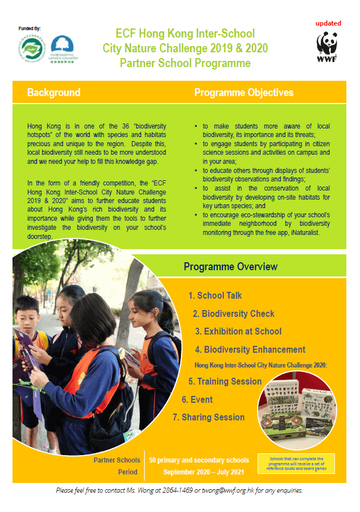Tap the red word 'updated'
[329, 23]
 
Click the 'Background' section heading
[53, 93]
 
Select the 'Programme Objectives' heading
[244, 93]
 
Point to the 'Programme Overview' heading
[230, 267]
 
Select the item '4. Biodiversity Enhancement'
[250, 350]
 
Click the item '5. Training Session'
[225, 382]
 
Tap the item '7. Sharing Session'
[208, 418]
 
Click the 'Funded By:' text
[30, 27]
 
